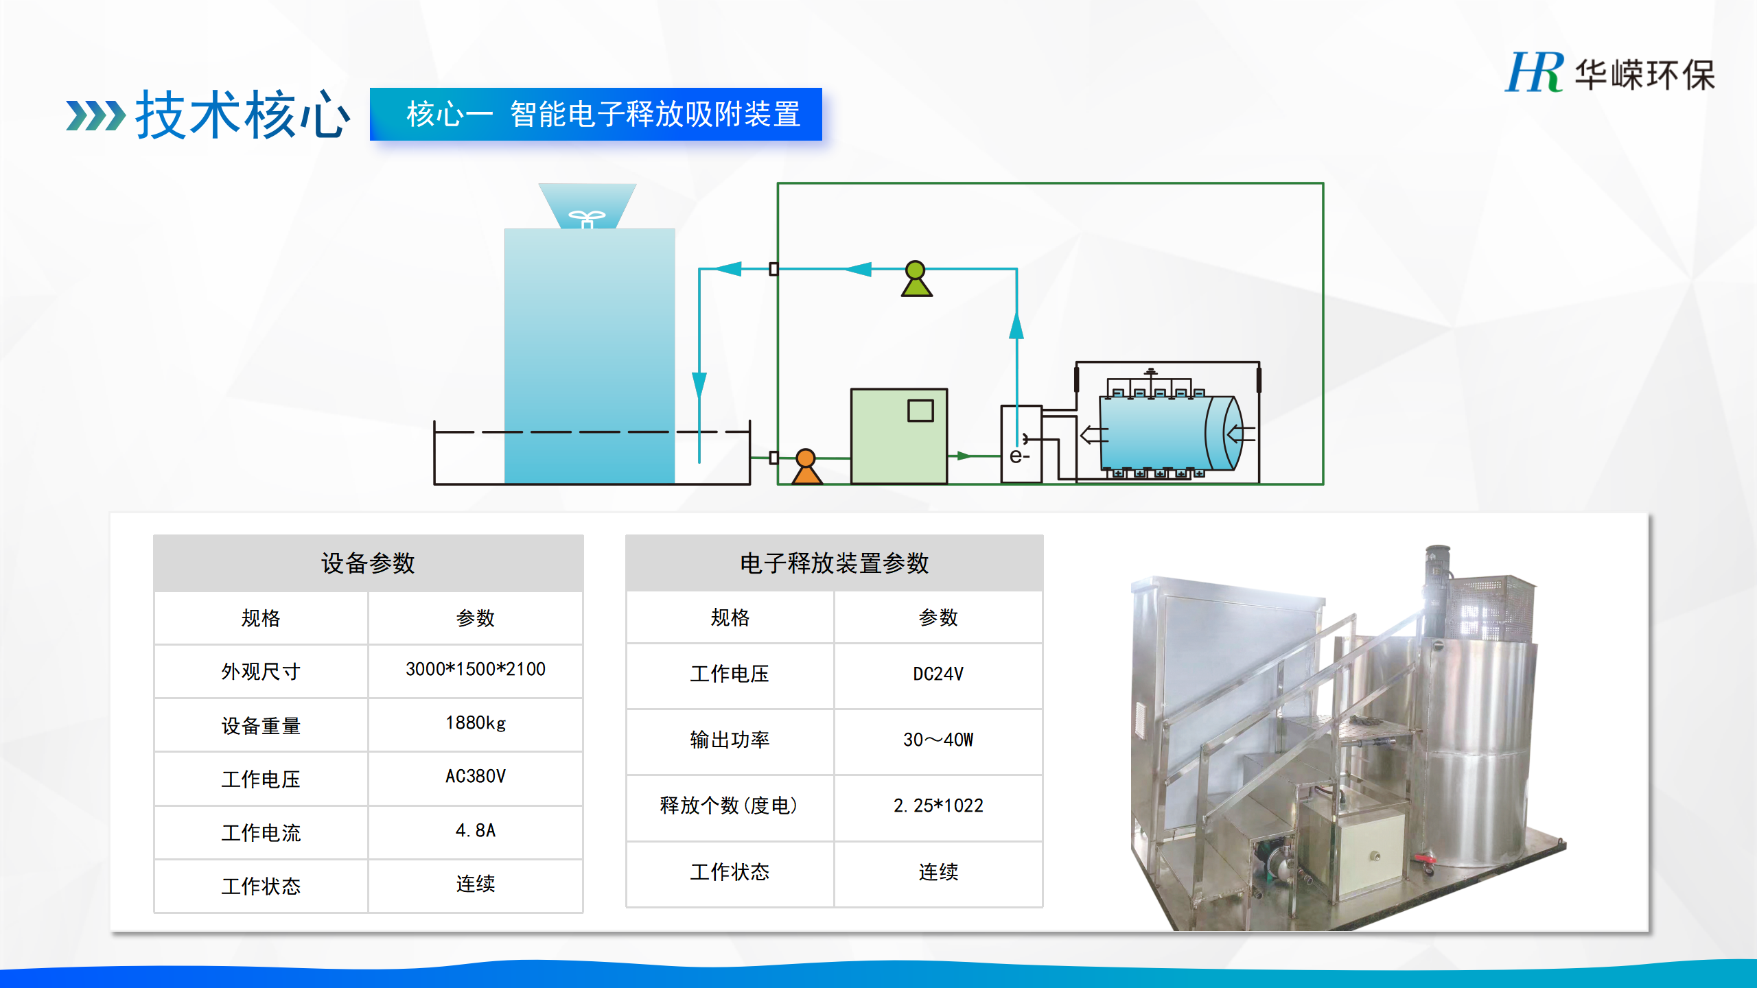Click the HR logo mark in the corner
(x=1535, y=72)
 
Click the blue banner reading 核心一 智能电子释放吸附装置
(x=596, y=114)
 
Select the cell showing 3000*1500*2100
(x=476, y=670)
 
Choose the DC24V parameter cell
(x=938, y=674)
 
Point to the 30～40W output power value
(x=938, y=740)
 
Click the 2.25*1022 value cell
(x=938, y=805)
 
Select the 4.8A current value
(x=476, y=831)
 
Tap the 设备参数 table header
(x=369, y=563)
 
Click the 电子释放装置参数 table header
(x=835, y=563)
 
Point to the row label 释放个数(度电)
(x=730, y=805)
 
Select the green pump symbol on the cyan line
(x=916, y=279)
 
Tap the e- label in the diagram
(x=1019, y=456)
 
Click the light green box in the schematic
(x=899, y=436)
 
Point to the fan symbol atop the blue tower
(x=587, y=219)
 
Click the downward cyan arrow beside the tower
(x=699, y=385)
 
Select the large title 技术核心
(x=243, y=115)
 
